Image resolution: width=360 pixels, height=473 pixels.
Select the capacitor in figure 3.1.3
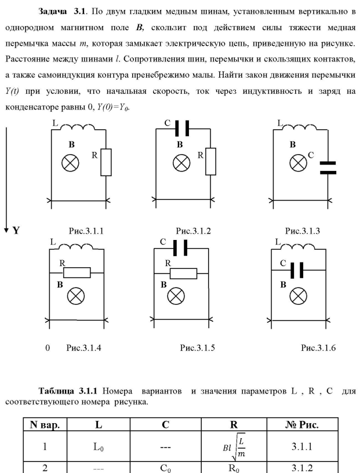click(328, 168)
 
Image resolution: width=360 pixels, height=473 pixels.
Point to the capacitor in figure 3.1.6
click(295, 270)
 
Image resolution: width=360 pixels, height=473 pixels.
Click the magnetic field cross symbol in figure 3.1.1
click(70, 163)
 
